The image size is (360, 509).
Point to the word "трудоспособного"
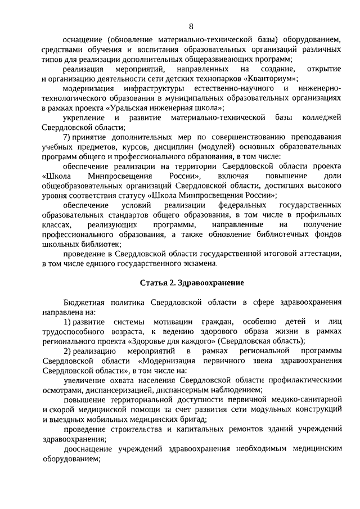pos(73,331)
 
